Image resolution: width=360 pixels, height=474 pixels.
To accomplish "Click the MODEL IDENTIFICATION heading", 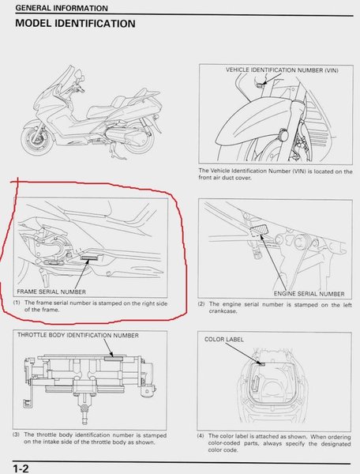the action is (x=75, y=24).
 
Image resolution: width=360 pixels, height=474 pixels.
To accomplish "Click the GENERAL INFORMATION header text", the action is (x=62, y=8).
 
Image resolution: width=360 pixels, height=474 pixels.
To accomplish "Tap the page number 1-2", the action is (x=21, y=468).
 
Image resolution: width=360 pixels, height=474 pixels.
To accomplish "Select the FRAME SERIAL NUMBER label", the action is (x=51, y=292).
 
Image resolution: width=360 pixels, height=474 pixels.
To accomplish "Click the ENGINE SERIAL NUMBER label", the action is (x=309, y=294).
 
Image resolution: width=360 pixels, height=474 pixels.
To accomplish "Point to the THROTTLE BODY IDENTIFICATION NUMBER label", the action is (x=78, y=335).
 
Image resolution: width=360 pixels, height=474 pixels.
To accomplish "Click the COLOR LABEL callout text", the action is (x=223, y=339).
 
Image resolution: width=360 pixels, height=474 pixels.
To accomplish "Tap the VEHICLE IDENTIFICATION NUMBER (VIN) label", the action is (x=282, y=70).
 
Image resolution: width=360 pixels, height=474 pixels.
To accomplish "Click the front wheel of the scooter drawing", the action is (x=36, y=140).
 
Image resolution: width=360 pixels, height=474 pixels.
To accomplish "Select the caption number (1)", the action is (x=17, y=303).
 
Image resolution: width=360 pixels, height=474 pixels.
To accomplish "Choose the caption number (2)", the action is (x=201, y=304).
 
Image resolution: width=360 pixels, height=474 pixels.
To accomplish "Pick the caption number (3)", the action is (x=16, y=434).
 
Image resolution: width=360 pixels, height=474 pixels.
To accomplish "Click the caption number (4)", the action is (x=201, y=436).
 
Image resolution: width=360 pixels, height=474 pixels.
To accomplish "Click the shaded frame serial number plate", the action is (x=88, y=258).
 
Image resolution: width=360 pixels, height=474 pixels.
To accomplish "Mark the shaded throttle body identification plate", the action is (x=114, y=359).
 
